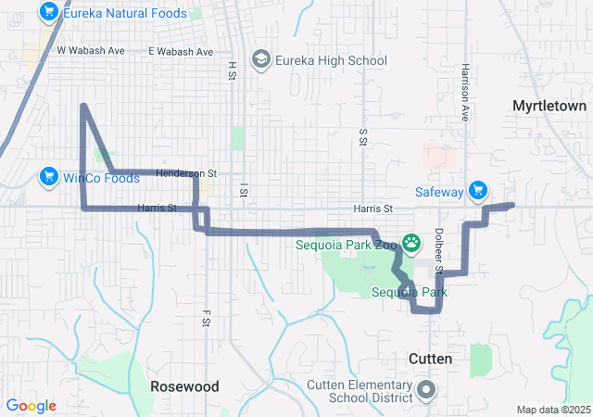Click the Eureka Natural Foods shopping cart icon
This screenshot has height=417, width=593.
pyautogui.click(x=49, y=12)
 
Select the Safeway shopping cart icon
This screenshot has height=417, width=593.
pyautogui.click(x=478, y=191)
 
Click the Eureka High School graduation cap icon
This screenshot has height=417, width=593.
pyautogui.click(x=260, y=60)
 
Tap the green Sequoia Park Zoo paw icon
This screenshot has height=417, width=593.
pyautogui.click(x=410, y=246)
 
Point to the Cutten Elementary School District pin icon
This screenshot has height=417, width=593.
pyautogui.click(x=426, y=388)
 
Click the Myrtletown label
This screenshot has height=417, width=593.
pyautogui.click(x=549, y=107)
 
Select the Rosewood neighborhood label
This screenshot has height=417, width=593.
pyautogui.click(x=185, y=385)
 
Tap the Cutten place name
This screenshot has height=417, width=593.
pyautogui.click(x=431, y=358)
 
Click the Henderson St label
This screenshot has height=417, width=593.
pyautogui.click(x=186, y=173)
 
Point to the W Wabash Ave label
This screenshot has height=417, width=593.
pyautogui.click(x=91, y=51)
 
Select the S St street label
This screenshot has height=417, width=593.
pyautogui.click(x=363, y=137)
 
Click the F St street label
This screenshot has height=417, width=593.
pyautogui.click(x=208, y=319)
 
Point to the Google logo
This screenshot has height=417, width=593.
pyautogui.click(x=31, y=406)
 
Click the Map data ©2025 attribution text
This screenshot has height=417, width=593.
pyautogui.click(x=552, y=410)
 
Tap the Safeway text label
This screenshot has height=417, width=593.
pyautogui.click(x=439, y=192)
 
